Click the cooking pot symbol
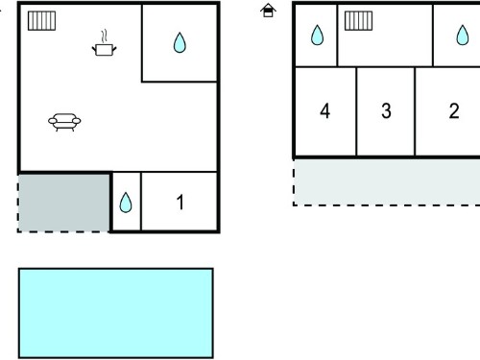104,50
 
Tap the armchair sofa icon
64,122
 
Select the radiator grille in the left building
41,21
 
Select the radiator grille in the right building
358,21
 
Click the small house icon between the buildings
268,11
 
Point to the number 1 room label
180,203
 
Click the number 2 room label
454,111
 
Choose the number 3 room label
386,111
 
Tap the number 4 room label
324,111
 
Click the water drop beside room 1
126,203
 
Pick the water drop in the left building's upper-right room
180,42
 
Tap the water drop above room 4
317,35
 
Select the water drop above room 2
463,35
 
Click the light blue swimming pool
116,313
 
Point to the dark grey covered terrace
64,203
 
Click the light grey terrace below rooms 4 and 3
387,181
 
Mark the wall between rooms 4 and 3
356,111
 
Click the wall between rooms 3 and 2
415,111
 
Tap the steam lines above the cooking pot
104,36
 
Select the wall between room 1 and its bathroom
141,201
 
